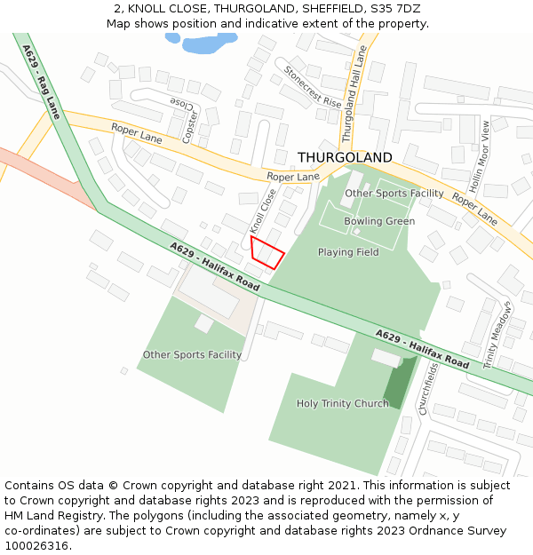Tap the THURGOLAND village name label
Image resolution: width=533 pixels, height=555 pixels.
pos(344,157)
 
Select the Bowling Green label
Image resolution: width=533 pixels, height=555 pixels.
pos(379,221)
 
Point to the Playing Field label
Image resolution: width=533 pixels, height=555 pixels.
pos(348,252)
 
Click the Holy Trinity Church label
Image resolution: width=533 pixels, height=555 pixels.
pos(342,403)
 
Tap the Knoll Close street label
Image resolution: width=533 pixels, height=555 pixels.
pos(259,211)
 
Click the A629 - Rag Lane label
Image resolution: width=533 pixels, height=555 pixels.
pos(42,83)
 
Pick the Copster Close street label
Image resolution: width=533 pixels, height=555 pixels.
pos(187,122)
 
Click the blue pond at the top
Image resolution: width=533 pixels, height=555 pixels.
pos(202,43)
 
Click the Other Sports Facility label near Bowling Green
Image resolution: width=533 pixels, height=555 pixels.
pos(394,193)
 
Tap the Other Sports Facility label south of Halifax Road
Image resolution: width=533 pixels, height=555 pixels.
pos(192,355)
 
